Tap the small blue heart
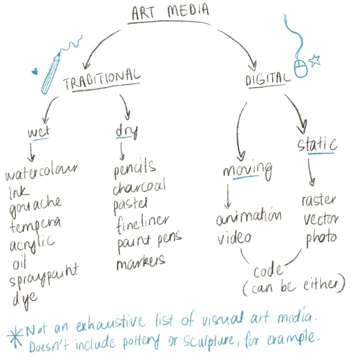pos(34,71)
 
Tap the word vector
pos(320,218)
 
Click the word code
pos(268,272)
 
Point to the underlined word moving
pos(247,170)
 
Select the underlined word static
pos(317,145)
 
